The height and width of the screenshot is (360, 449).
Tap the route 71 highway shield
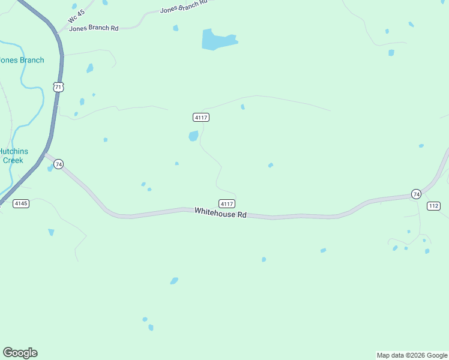pos(58,87)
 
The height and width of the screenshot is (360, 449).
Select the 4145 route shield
pos(21,204)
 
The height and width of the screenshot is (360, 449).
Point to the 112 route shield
pos(434,206)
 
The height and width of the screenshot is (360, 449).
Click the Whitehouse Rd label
pos(220,213)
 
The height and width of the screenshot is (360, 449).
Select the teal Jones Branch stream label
pos(22,60)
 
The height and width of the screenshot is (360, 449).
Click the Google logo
pos(20,353)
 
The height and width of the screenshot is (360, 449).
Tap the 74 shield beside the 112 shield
pos(416,193)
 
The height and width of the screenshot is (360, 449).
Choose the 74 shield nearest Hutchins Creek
pos(58,164)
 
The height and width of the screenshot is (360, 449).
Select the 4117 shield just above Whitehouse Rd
pos(226,204)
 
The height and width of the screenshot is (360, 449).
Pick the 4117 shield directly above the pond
pos(201,117)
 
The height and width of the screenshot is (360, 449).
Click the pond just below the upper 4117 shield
pos(193,136)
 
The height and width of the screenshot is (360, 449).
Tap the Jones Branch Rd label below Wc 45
pos(94,28)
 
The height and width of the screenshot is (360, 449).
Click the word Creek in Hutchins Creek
pos(13,160)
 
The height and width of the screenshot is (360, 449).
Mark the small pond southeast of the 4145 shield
pos(51,232)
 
